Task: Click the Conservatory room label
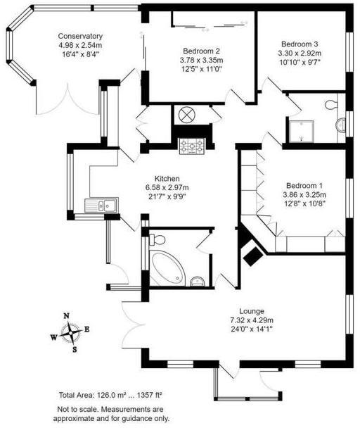[x=81, y=37]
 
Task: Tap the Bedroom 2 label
[x=202, y=51]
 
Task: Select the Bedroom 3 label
[x=300, y=42]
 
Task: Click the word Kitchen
[x=167, y=179]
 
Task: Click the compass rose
[x=71, y=332]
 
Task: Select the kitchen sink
[x=101, y=206]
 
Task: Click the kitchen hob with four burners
[x=191, y=146]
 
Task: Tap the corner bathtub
[x=166, y=268]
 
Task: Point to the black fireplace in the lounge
[x=251, y=256]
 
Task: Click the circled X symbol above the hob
[x=188, y=115]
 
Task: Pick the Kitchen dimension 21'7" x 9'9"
[x=167, y=196]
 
